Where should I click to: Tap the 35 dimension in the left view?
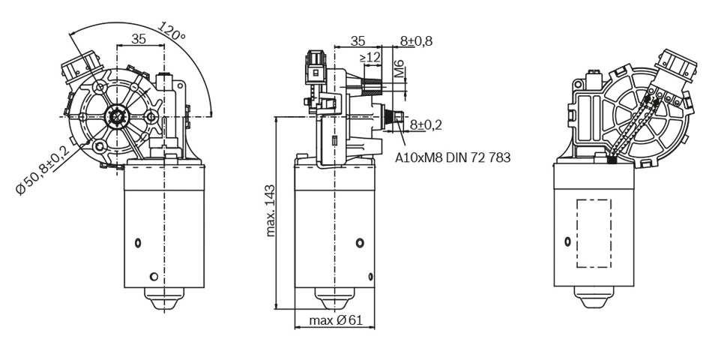[x=139, y=40]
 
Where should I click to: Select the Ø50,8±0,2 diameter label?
[x=43, y=170]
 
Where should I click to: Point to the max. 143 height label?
[x=271, y=211]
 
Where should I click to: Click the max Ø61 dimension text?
[x=337, y=321]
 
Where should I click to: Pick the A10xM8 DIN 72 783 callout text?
[x=453, y=158]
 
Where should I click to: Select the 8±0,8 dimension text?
[x=416, y=40]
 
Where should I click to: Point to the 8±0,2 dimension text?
[x=425, y=124]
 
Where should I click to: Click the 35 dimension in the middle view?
[x=358, y=40]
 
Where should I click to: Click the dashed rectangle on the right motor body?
[x=593, y=234]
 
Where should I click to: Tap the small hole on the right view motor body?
[x=567, y=241]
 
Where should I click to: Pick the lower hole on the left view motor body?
[x=154, y=275]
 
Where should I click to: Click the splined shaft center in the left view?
[x=117, y=117]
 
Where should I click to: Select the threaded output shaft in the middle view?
[x=393, y=118]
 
